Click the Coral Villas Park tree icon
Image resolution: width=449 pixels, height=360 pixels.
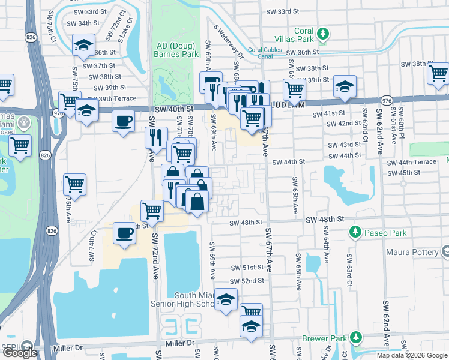(x=324, y=32)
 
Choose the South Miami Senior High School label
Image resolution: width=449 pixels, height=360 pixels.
(x=194, y=300)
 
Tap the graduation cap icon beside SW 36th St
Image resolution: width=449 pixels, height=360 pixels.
(x=84, y=44)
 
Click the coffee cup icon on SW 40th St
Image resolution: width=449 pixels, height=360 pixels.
(x=123, y=121)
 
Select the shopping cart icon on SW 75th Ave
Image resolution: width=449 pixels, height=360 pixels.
(x=74, y=184)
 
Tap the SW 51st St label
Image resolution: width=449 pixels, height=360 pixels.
(x=247, y=268)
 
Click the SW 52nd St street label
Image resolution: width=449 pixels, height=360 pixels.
(x=247, y=281)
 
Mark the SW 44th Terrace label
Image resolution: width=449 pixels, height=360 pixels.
(x=412, y=163)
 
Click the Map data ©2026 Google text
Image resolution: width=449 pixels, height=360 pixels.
(x=410, y=355)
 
